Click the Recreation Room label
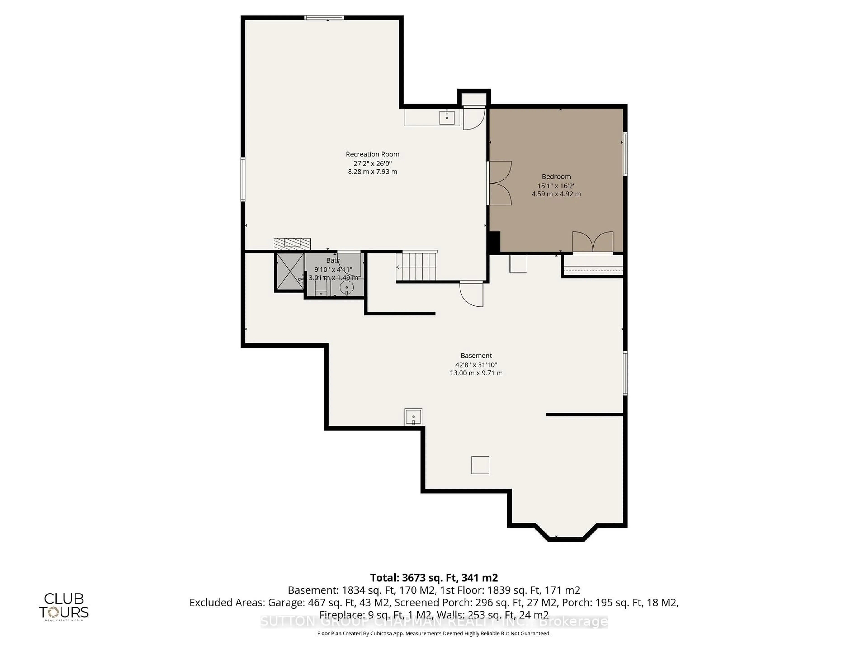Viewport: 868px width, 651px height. (372, 154)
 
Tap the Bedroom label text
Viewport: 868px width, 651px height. (556, 177)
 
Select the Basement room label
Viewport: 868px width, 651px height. (476, 356)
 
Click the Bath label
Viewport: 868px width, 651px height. (333, 260)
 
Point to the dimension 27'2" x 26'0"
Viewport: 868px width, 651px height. (372, 163)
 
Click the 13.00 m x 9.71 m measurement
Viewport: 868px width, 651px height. (476, 373)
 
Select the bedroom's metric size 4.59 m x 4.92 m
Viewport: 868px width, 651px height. (556, 194)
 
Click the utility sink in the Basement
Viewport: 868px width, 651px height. (413, 417)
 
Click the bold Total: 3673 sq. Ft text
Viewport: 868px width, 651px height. (434, 578)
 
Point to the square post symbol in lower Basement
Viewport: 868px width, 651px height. (480, 465)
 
